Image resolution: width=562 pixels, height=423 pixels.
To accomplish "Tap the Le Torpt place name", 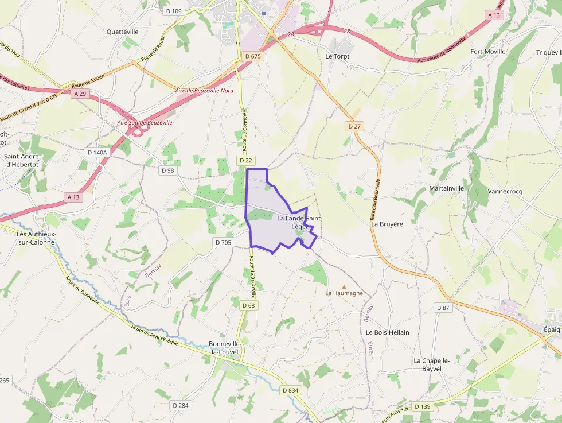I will [x=337, y=56].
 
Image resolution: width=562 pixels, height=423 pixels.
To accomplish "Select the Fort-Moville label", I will [x=487, y=51].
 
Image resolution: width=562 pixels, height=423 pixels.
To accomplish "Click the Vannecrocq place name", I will [x=505, y=191].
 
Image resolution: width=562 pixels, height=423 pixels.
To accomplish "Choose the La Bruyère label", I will [x=387, y=224].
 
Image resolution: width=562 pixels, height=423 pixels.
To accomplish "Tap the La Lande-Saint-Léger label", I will [x=299, y=222].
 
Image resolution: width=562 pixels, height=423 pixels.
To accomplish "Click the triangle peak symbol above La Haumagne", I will [x=344, y=286].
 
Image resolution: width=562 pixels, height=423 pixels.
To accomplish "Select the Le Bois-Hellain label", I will [x=388, y=332].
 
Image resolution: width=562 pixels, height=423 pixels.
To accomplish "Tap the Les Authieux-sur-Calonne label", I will [x=36, y=238].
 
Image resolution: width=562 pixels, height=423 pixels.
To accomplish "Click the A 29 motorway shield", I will [x=80, y=94].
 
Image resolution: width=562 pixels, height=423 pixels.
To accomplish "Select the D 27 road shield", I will [x=354, y=126].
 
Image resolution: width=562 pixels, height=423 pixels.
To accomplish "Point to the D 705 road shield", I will [x=223, y=243].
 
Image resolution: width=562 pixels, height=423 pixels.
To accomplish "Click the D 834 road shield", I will [x=291, y=390].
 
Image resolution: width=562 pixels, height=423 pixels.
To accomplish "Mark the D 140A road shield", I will [x=96, y=153].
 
